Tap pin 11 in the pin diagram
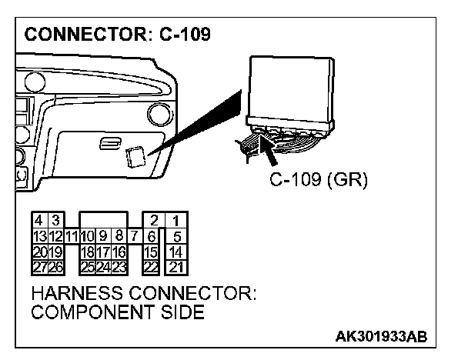pyautogui.click(x=72, y=236)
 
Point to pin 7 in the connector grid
pyautogui.click(x=134, y=236)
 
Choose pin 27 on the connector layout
pyautogui.click(x=37, y=266)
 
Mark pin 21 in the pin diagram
pyautogui.click(x=177, y=266)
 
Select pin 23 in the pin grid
pyautogui.click(x=119, y=266)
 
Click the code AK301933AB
pyautogui.click(x=381, y=337)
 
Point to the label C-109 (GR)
pyautogui.click(x=319, y=181)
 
